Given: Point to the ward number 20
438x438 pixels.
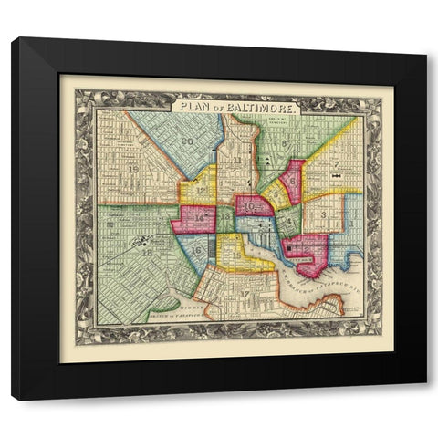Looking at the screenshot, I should [x=187, y=141].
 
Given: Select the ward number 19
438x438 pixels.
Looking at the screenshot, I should [x=134, y=170].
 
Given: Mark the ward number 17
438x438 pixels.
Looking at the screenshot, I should [x=244, y=293].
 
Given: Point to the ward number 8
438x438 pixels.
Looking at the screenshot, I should [x=285, y=143].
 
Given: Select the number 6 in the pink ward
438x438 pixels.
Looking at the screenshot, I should [x=293, y=181].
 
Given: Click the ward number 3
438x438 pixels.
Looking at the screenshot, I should [x=324, y=214].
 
